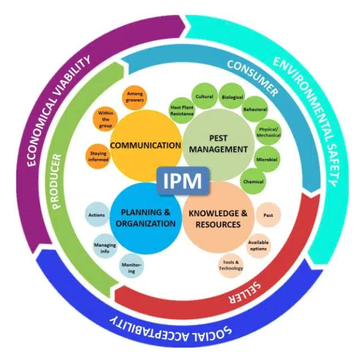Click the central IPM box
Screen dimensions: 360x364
point(182,181)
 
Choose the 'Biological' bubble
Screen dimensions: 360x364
point(232,96)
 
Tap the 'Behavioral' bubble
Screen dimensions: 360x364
point(255,110)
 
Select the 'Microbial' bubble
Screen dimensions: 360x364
point(267,159)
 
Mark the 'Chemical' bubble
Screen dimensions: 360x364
point(253,182)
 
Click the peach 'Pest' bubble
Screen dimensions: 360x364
point(268,215)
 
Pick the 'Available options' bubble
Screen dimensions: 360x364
point(258,245)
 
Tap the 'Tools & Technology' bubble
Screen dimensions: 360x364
point(230,266)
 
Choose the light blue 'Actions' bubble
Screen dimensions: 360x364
point(97,215)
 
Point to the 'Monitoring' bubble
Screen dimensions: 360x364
point(131,267)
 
